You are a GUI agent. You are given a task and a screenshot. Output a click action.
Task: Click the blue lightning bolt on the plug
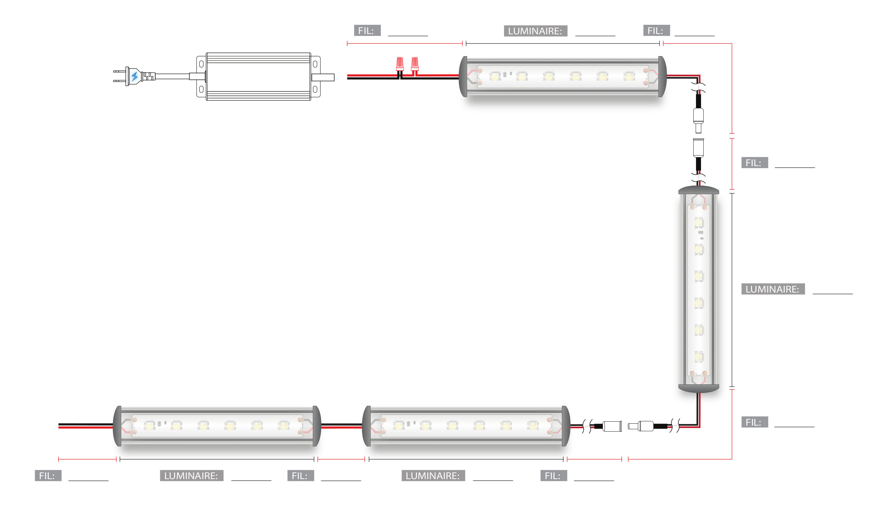tap(134, 76)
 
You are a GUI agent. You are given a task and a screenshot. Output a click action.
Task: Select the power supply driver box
tap(258, 76)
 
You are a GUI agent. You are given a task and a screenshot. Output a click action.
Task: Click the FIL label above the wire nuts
tap(367, 31)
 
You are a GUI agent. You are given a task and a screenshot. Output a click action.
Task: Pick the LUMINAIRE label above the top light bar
tap(535, 31)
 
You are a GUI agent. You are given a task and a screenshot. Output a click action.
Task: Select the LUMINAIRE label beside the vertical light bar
tap(773, 289)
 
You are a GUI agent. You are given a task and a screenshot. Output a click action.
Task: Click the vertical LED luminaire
tap(699, 289)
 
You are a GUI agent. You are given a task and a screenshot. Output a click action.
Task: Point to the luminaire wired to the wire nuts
tap(563, 76)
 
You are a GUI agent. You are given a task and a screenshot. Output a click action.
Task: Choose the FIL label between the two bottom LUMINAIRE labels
tap(300, 476)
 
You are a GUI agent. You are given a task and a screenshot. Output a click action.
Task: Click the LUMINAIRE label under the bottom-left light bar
tap(192, 476)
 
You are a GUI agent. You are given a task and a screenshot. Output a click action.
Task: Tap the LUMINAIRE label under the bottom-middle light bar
tap(433, 476)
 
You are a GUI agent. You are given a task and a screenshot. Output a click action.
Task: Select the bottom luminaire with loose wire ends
tap(217, 426)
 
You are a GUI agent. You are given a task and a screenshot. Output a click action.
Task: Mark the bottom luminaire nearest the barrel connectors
tap(466, 426)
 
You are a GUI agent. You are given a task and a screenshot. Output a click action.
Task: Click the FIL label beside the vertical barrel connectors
tap(754, 163)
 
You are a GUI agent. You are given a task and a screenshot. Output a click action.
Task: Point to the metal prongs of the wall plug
tap(119, 76)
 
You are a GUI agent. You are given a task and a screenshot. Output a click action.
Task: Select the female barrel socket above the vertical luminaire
tap(698, 148)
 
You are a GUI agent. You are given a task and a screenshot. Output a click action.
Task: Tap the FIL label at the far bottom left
tap(48, 476)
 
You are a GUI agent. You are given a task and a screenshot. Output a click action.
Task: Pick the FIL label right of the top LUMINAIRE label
tap(656, 31)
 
